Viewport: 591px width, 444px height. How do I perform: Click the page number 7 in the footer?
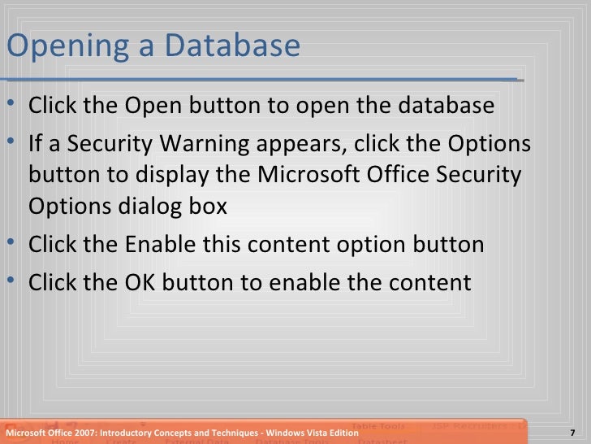click(573, 433)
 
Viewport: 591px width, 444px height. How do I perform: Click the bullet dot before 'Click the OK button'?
click(17, 282)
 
